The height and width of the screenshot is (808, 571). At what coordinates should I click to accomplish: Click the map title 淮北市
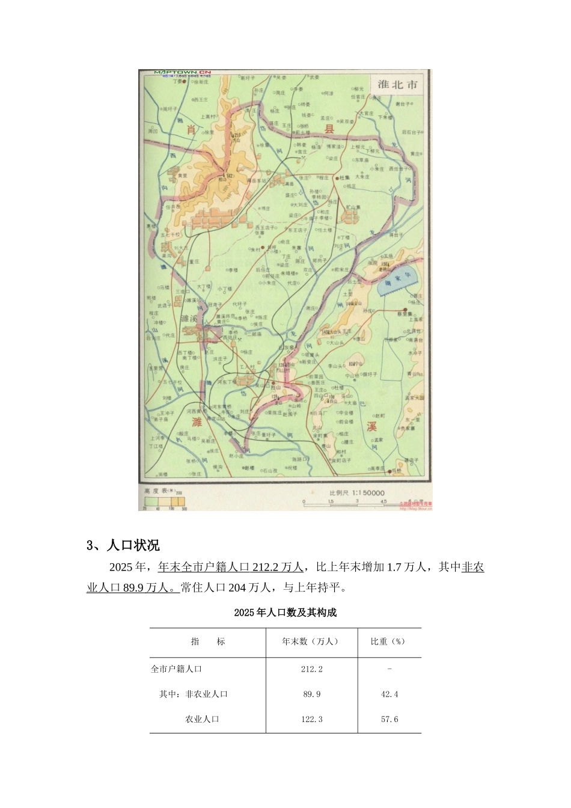[x=397, y=84]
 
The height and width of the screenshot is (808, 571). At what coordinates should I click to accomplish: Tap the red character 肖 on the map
[x=191, y=130]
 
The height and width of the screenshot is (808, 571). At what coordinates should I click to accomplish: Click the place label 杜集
[x=344, y=178]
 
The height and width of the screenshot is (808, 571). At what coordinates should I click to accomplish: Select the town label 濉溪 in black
[x=189, y=318]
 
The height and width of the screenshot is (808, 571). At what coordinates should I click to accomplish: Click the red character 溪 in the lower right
[x=371, y=427]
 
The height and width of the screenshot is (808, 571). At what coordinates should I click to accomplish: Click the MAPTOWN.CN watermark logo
[x=179, y=73]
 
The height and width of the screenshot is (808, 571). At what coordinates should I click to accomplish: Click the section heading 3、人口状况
[x=123, y=546]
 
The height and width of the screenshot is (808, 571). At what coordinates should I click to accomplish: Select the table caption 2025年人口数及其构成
[x=285, y=613]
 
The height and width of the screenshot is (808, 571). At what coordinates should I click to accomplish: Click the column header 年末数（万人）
[x=311, y=641]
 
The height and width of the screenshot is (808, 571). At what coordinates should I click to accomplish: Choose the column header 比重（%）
[x=389, y=641]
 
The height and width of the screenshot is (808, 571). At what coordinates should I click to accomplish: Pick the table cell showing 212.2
[x=311, y=669]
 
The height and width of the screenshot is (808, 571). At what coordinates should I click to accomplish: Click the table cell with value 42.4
[x=389, y=694]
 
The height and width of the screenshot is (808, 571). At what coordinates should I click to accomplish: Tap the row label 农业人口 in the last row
[x=202, y=719]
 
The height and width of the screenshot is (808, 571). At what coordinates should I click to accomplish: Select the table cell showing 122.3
[x=311, y=719]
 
